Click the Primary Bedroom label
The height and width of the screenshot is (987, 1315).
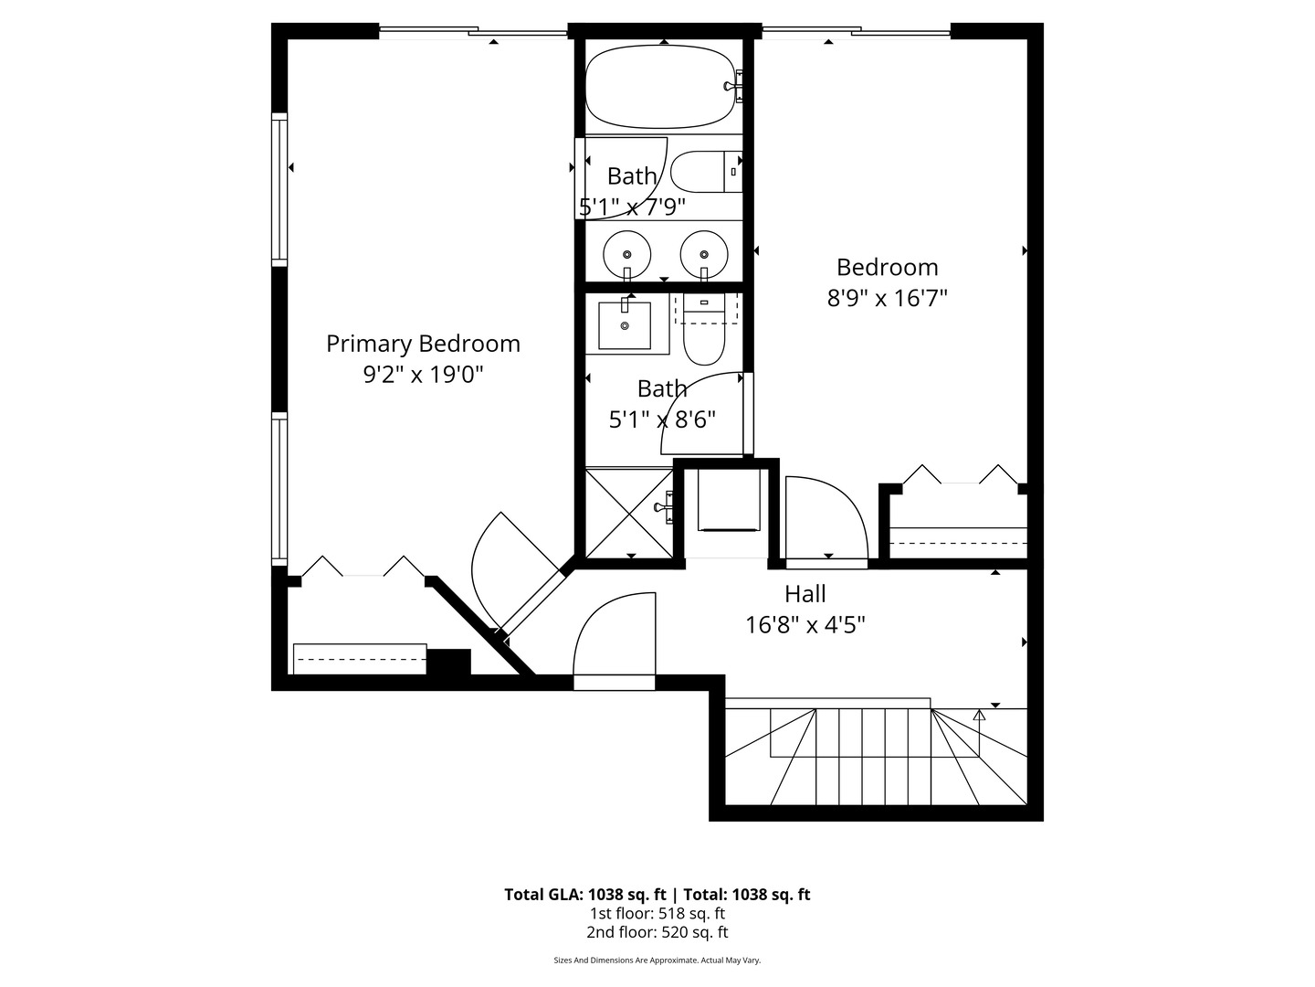point(423,344)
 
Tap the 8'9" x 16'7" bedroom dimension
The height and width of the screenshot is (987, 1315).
point(887,298)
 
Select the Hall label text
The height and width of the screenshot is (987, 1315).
point(805,594)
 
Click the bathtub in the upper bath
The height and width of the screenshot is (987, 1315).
point(659,87)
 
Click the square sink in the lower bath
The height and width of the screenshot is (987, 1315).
point(625,325)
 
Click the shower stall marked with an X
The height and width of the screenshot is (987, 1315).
point(628,513)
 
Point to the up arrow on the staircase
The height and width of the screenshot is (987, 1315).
point(979,716)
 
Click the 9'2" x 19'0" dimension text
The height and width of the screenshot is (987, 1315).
point(423,375)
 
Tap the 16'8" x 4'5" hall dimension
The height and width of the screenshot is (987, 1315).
point(805,625)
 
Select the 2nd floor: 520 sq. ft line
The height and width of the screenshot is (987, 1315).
point(657,932)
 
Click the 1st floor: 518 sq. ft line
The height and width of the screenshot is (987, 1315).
point(657,913)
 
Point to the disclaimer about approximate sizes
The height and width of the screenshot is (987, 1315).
point(657,960)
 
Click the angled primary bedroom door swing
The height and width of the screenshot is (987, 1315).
point(511,567)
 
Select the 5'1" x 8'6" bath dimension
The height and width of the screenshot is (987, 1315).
point(662,419)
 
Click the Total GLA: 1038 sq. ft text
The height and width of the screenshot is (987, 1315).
point(586,895)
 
